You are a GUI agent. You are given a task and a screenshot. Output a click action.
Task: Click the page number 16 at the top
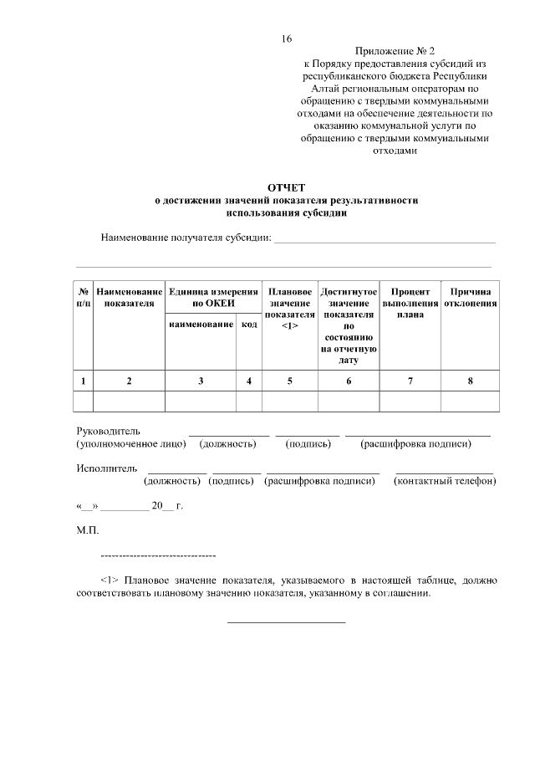[x=287, y=39]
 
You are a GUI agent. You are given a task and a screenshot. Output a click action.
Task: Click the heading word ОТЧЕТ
[x=287, y=188]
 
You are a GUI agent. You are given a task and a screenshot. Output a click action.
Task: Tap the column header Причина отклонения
[x=470, y=297]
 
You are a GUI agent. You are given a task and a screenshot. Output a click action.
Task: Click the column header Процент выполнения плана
[x=410, y=303]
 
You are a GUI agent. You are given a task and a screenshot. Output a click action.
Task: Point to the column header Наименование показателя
[x=129, y=297]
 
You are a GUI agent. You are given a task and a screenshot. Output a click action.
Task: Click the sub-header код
[x=248, y=324]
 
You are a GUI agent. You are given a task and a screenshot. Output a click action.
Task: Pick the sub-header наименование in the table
[x=201, y=324]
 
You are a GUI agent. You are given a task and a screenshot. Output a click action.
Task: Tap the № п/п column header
[x=84, y=297]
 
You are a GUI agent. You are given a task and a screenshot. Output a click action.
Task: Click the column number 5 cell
[x=290, y=381]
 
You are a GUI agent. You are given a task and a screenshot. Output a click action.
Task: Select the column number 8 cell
[x=470, y=381]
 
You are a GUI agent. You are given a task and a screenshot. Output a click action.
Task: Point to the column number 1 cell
[x=84, y=381]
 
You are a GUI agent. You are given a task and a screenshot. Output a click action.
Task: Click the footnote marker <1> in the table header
[x=290, y=326]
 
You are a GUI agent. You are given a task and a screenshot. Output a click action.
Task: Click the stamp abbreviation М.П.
[x=87, y=530]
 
